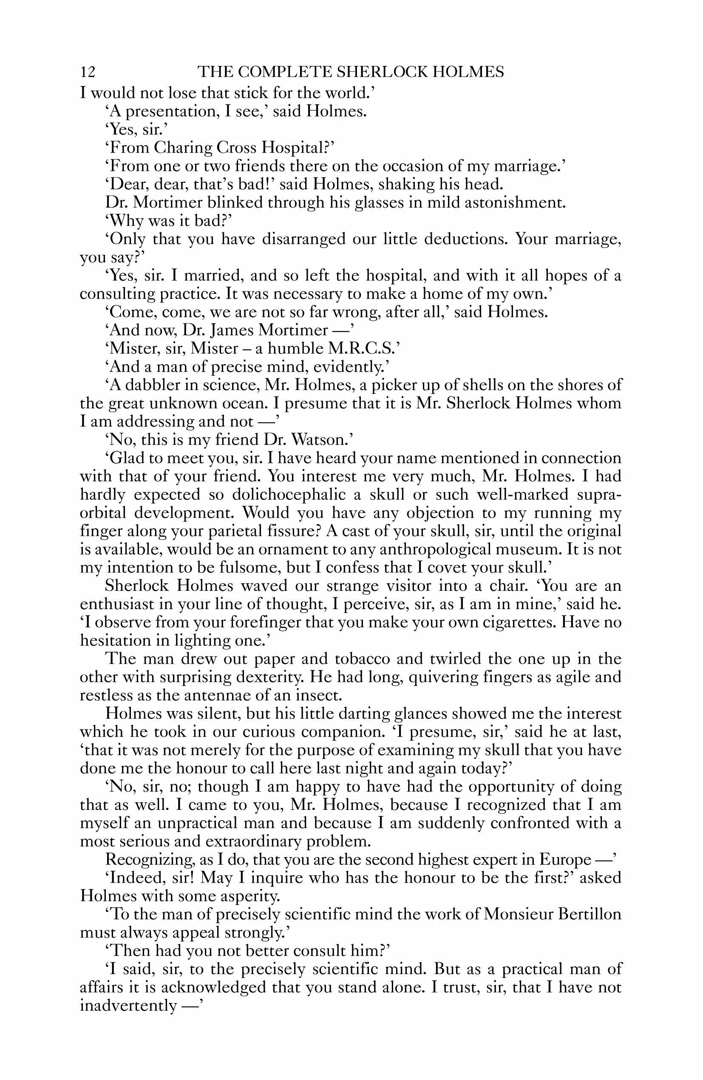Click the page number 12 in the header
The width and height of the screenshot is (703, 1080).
click(88, 72)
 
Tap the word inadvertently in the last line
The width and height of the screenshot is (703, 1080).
click(128, 1006)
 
